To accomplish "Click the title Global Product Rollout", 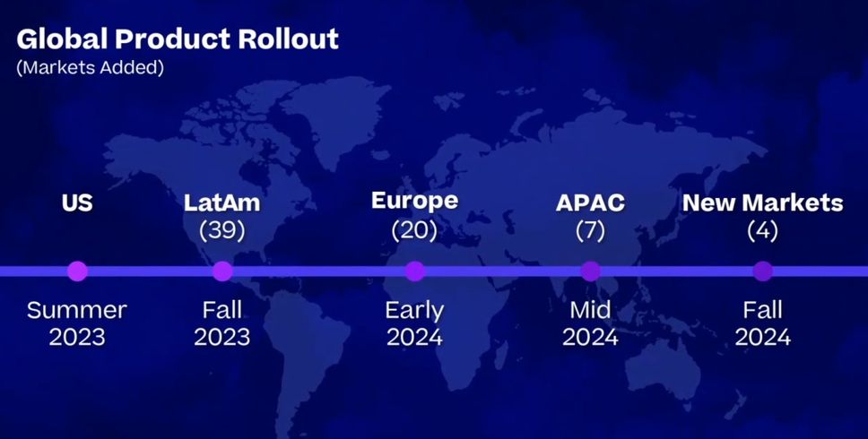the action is pos(178,39).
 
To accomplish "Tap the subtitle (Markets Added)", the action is pos(91,67).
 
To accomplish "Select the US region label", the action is pos(77,202).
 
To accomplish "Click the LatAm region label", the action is pos(222,202).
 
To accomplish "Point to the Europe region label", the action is pos(414,202).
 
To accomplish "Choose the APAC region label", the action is pos(590,202).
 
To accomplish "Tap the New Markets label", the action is pos(763,202).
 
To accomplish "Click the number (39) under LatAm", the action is pos(222,230).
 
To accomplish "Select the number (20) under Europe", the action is pos(414,230).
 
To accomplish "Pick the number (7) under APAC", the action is pos(590,230).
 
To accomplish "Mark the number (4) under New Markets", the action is pos(763,230).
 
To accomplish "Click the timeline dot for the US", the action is pos(77,271).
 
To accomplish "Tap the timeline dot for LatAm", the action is pos(222,271).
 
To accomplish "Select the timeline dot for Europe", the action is pos(414,271).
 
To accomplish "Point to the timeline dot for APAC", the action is pos(591,271).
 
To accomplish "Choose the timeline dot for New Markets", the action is pos(763,271).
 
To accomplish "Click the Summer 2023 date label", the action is pos(77,323).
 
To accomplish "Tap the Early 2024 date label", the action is pos(414,323).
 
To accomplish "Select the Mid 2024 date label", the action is pos(590,323).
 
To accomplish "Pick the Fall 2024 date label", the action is pos(763,323).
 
